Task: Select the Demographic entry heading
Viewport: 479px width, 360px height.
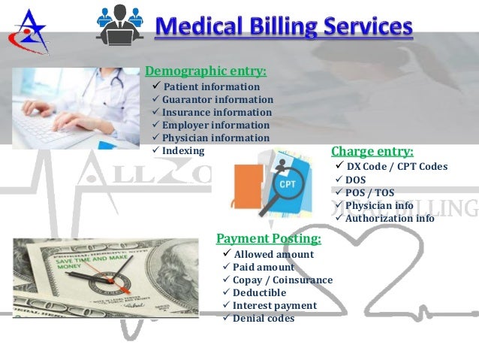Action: point(205,72)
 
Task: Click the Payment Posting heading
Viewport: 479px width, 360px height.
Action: point(268,239)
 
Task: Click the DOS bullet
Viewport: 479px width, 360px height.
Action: point(355,180)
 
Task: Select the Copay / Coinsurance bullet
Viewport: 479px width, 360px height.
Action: point(282,280)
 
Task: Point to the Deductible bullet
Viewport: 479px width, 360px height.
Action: point(259,292)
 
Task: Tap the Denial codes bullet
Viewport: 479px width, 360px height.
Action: point(263,318)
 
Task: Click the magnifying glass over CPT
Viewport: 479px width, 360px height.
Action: point(284,187)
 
